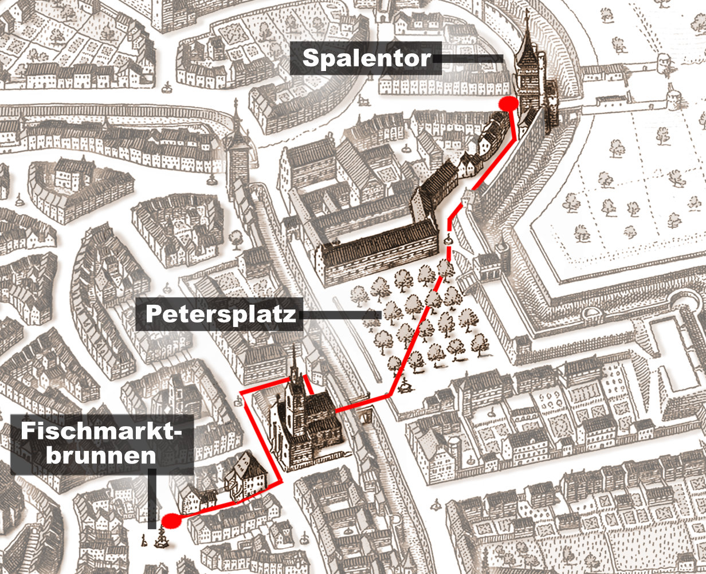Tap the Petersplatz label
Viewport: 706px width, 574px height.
pyautogui.click(x=220, y=314)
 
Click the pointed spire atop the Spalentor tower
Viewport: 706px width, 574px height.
pyautogui.click(x=528, y=23)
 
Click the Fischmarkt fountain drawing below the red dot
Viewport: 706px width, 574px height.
pyautogui.click(x=161, y=538)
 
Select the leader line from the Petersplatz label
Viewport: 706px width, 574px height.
pyautogui.click(x=342, y=314)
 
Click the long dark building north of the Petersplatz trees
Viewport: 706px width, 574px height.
pyautogui.click(x=378, y=252)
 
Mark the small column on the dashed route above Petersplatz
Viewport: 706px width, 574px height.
pyautogui.click(x=449, y=239)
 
